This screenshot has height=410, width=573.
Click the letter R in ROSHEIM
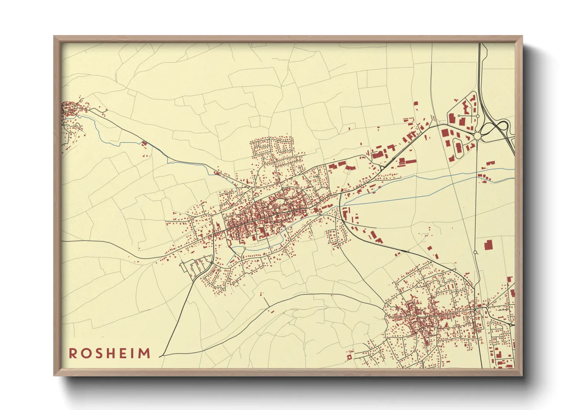(73, 353)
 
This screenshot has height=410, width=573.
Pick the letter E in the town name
(122, 353)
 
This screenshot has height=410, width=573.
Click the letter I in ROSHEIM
(131, 353)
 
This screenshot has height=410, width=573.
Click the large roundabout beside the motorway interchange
(477, 136)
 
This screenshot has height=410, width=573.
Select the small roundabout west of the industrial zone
(382, 168)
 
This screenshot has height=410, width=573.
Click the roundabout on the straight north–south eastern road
(475, 252)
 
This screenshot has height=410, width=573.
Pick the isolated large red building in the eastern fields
(489, 245)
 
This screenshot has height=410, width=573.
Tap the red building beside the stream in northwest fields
(144, 143)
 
